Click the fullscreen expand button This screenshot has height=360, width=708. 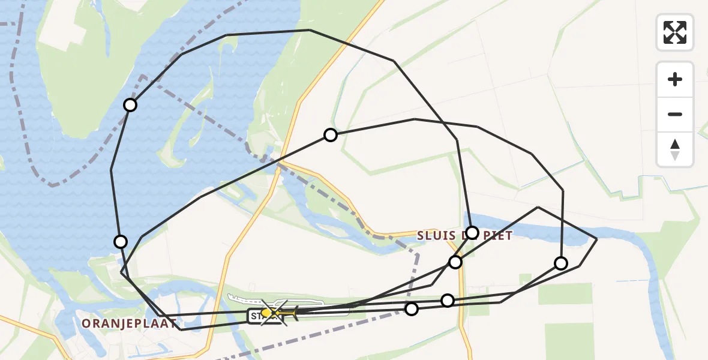pyautogui.click(x=675, y=32)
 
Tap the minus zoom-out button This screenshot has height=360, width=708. pyautogui.click(x=675, y=114)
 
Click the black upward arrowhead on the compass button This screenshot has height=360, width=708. pyautogui.click(x=675, y=144)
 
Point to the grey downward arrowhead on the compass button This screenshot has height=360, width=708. pyautogui.click(x=675, y=156)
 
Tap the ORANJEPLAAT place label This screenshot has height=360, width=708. pyautogui.click(x=129, y=324)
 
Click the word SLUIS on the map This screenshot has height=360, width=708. pyautogui.click(x=437, y=236)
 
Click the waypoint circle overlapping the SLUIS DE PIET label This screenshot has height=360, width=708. pyautogui.click(x=472, y=233)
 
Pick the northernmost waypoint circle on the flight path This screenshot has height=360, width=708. pyautogui.click(x=130, y=105)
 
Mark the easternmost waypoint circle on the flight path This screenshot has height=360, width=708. pyautogui.click(x=561, y=263)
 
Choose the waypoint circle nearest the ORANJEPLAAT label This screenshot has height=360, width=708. pyautogui.click(x=121, y=242)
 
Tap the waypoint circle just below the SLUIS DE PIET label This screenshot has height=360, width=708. pyautogui.click(x=455, y=262)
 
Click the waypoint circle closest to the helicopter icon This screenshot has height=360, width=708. pyautogui.click(x=412, y=309)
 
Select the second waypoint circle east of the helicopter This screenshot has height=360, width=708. pyautogui.click(x=448, y=301)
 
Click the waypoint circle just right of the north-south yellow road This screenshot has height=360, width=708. pyautogui.click(x=331, y=135)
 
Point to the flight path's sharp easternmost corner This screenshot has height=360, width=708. pyautogui.click(x=596, y=239)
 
